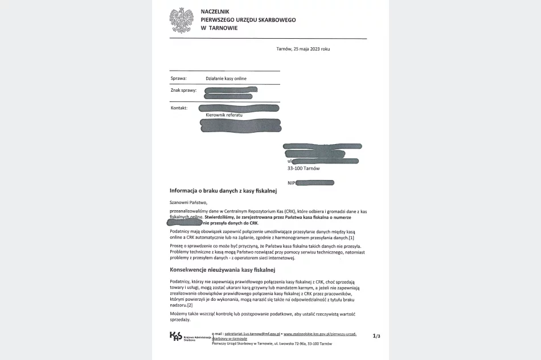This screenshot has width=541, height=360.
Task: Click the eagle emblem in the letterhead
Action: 181,20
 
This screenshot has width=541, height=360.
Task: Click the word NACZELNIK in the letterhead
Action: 215,11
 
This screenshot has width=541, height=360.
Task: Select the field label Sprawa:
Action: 179,79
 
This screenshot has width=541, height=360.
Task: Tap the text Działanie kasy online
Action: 226,79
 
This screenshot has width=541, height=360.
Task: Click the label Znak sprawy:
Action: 183,91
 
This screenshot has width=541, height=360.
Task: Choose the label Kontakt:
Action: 179,108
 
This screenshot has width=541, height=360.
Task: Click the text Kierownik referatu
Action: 224,115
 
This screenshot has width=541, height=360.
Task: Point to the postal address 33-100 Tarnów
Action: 304,169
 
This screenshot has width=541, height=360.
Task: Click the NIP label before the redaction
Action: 292,182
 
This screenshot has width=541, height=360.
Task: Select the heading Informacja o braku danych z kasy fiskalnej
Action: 223,191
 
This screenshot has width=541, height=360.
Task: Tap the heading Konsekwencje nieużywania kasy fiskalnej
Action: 222,269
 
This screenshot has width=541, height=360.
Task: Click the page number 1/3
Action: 376,336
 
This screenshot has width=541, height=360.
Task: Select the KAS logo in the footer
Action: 176,337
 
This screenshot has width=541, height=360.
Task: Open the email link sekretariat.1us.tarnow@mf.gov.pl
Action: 252,334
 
